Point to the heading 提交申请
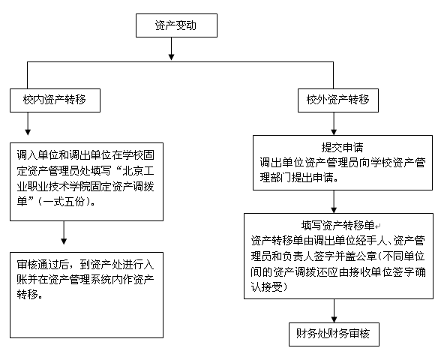(x=342, y=147)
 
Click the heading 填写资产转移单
(x=337, y=226)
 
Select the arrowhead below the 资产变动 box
(x=171, y=56)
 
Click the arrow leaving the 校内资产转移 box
(x=28, y=124)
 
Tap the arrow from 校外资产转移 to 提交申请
(x=334, y=124)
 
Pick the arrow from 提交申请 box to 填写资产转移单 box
(x=334, y=202)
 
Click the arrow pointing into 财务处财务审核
(x=334, y=310)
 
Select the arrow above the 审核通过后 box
(x=64, y=232)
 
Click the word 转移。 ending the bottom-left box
(x=30, y=295)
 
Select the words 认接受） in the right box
(x=269, y=287)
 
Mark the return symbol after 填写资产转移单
(x=378, y=226)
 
